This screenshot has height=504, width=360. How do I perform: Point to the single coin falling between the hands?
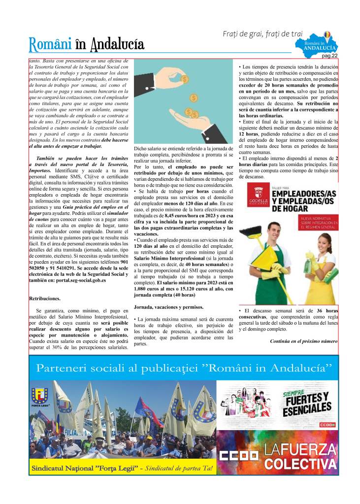click(194, 98)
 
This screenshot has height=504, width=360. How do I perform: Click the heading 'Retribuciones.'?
click(45, 299)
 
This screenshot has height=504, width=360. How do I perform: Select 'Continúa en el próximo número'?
click(303, 341)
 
